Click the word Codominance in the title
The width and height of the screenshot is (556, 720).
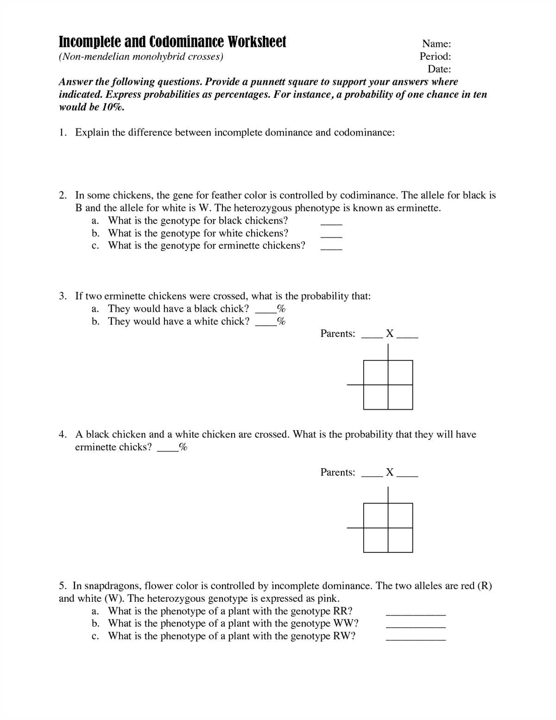point(186,42)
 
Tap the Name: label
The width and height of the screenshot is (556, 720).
point(436,44)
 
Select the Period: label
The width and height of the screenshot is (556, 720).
point(435,57)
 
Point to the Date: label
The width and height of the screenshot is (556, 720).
point(439,69)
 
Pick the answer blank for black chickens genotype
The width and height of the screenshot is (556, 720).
point(331,224)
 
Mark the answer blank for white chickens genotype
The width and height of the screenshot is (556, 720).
point(331,236)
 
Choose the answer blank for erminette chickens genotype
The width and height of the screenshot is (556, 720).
point(331,249)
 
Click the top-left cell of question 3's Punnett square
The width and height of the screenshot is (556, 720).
point(376,373)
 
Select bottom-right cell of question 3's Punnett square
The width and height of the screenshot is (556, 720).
point(400,397)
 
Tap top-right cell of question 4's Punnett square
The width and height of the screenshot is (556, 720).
point(400,515)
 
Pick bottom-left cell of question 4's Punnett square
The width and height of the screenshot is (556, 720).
point(376,540)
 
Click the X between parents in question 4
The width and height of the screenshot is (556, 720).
point(390,472)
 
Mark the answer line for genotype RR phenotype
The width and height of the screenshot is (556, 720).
point(416,614)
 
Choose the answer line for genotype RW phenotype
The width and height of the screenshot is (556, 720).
point(416,639)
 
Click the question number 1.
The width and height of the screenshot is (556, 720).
point(63,133)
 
